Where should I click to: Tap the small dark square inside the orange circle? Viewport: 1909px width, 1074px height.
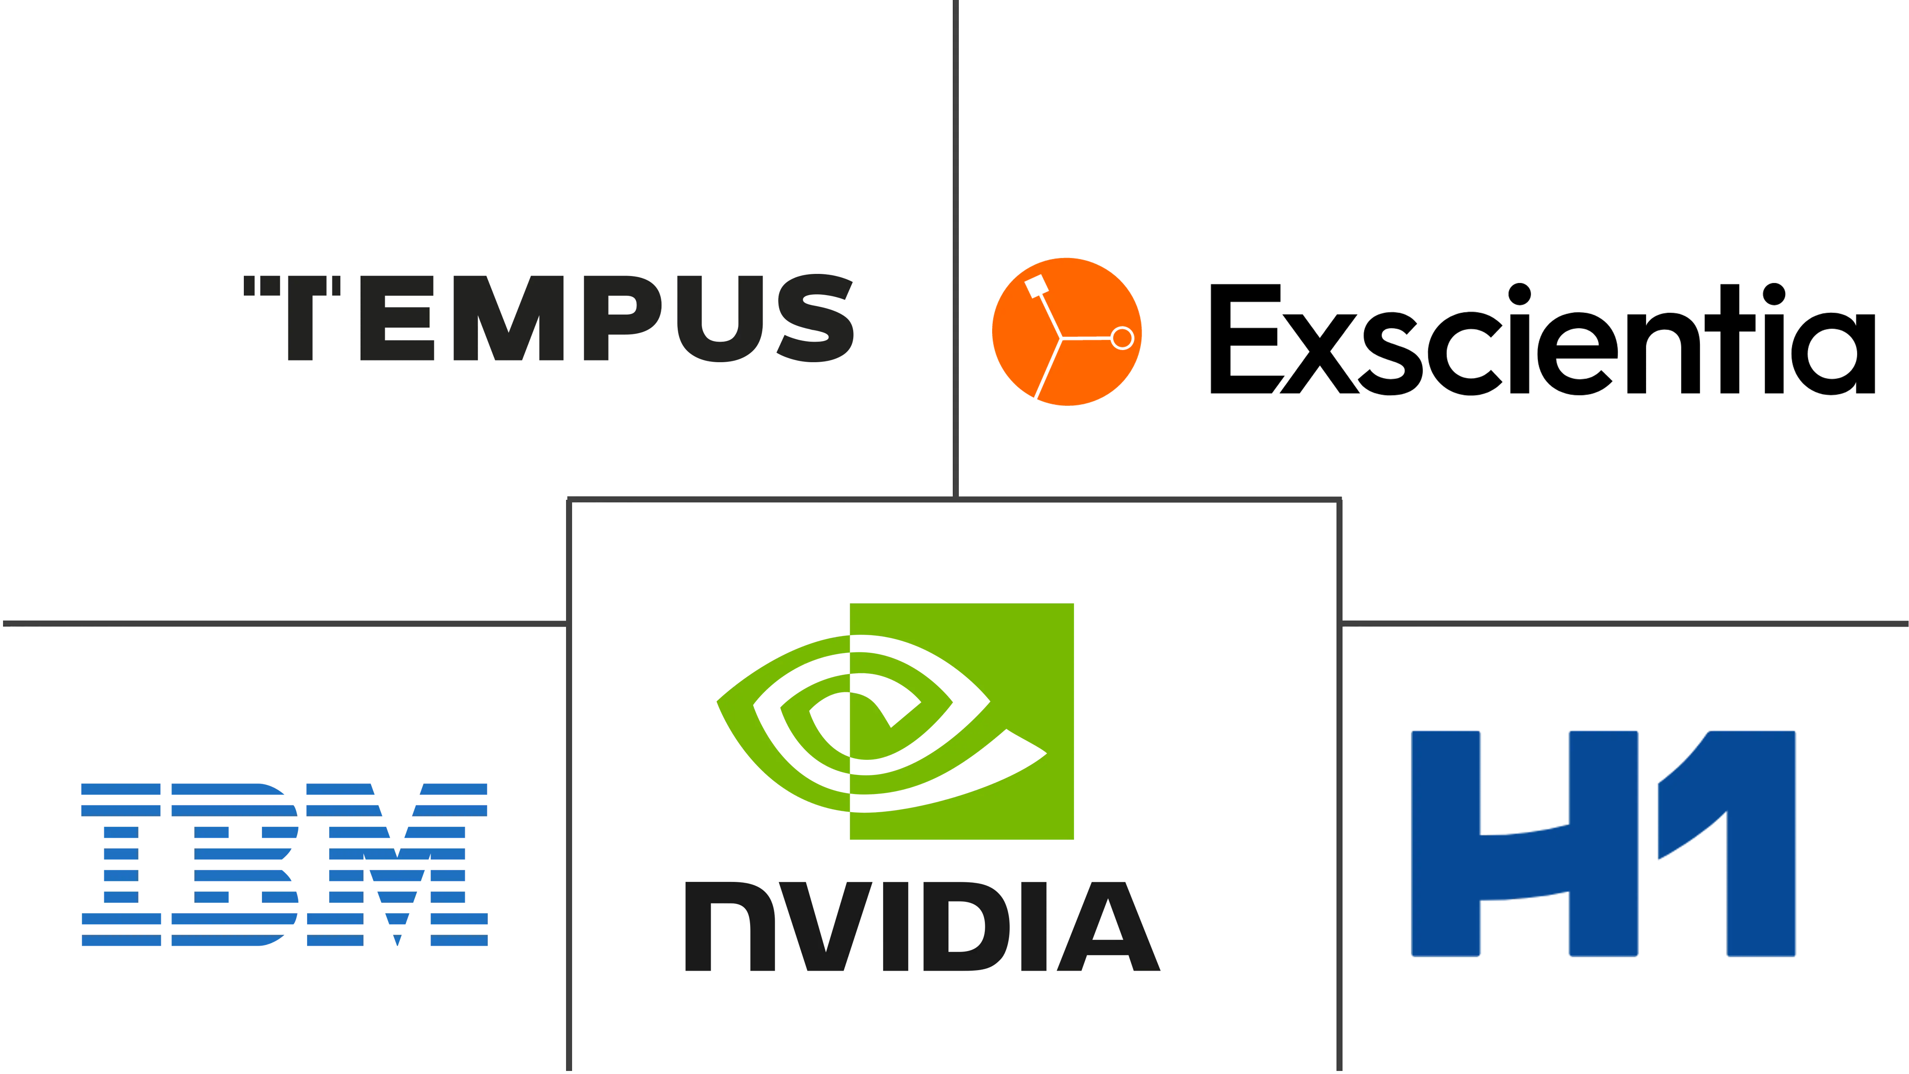tap(1036, 284)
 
